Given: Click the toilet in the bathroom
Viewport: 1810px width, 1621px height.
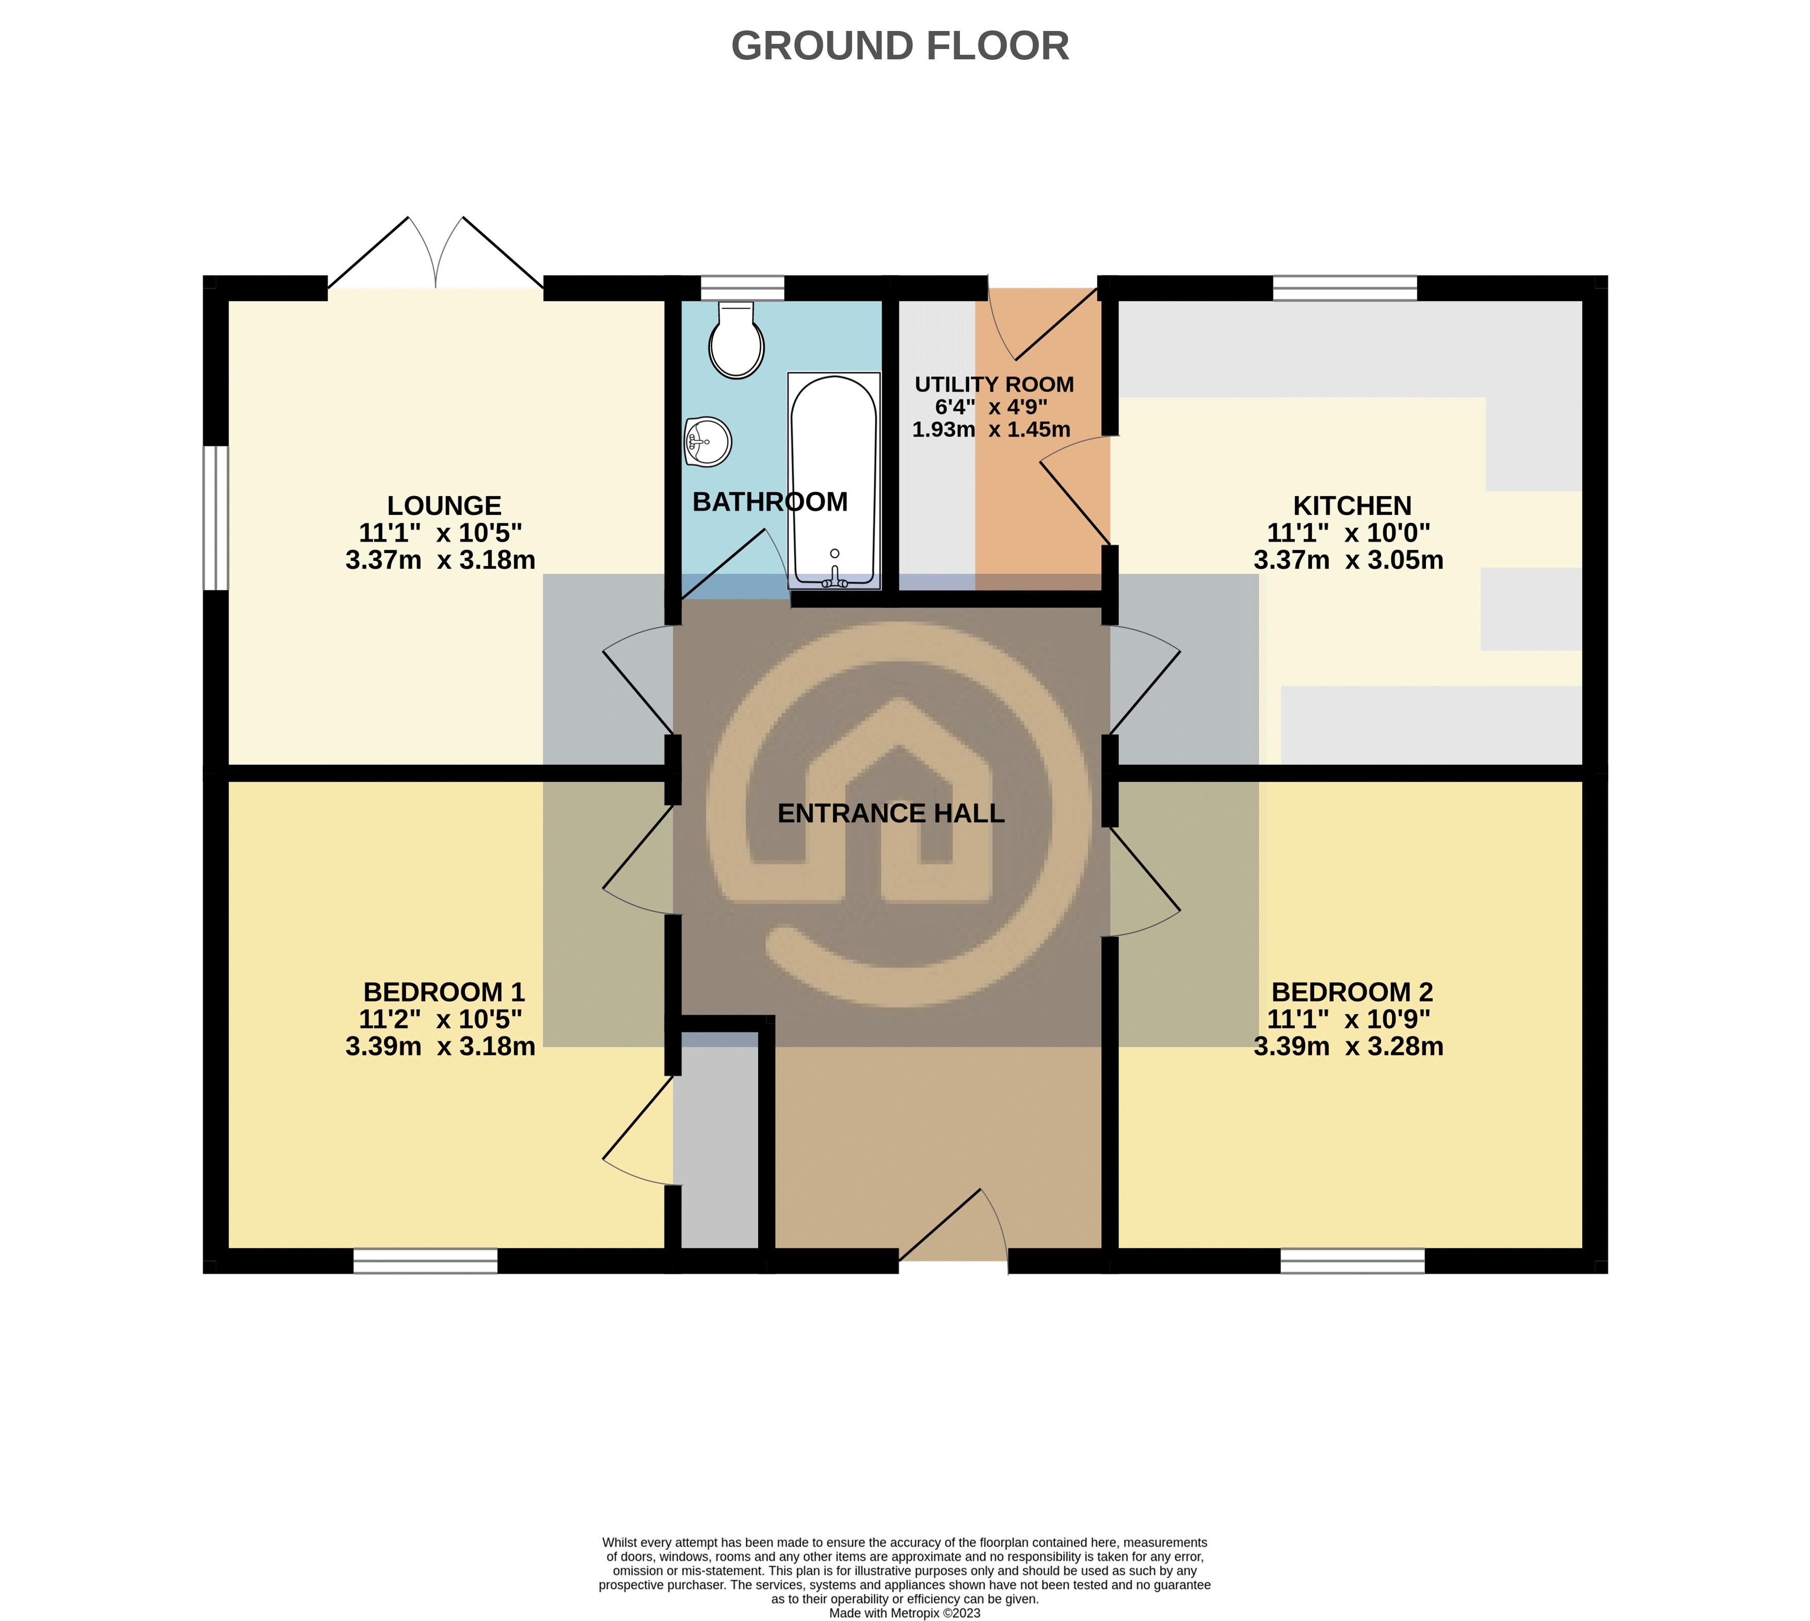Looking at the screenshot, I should (736, 342).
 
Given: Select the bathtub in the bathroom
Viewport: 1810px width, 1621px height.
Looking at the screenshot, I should (834, 481).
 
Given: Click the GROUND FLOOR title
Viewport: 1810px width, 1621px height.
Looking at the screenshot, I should (900, 46).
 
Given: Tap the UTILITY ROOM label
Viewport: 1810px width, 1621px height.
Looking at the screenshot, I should (994, 385).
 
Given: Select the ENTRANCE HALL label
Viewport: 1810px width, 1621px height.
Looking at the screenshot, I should (891, 813).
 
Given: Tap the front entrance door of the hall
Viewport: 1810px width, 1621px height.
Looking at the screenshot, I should (953, 1229).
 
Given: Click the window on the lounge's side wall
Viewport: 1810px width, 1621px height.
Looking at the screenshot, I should (216, 518).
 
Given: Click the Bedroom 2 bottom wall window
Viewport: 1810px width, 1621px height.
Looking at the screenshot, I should (1352, 1260).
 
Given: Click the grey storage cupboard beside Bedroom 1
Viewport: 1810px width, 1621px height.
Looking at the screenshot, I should (715, 1149).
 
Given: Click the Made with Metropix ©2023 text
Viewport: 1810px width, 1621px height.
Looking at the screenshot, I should (904, 1613).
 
